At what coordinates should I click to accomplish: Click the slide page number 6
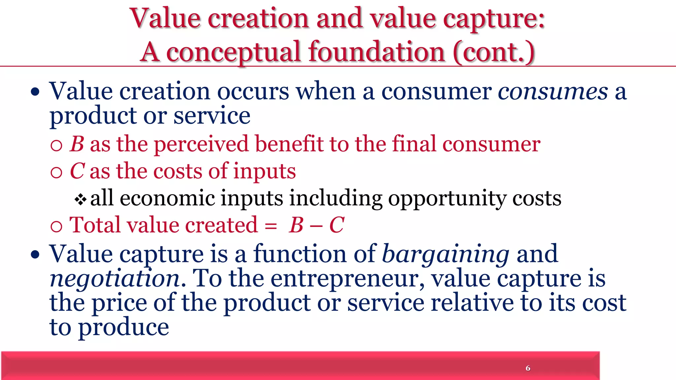pos(528,368)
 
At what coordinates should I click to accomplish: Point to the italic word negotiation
pos(115,279)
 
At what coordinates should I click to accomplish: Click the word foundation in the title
pos(377,52)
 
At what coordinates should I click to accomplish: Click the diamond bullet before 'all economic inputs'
pos(81,199)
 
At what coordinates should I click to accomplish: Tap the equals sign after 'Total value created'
pos(271,226)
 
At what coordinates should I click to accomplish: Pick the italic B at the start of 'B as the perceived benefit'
pos(77,144)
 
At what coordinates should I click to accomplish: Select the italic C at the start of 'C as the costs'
pos(77,171)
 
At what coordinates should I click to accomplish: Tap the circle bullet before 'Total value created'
pos(56,226)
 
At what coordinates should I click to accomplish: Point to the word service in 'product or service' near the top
pos(212,116)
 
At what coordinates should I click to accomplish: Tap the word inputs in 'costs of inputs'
pos(264,171)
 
